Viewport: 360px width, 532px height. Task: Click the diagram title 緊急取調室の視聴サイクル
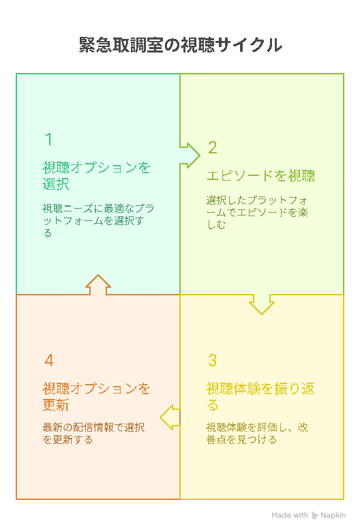point(180,45)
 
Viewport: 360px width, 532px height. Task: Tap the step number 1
point(49,139)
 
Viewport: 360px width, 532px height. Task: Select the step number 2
point(213,147)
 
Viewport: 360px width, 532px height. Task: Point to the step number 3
point(213,360)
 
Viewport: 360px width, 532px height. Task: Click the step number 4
point(49,360)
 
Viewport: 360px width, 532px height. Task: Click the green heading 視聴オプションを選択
point(96,176)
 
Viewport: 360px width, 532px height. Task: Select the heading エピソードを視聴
point(260,176)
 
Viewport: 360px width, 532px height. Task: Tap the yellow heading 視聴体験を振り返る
point(260,397)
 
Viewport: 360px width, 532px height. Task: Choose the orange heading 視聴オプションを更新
point(96,397)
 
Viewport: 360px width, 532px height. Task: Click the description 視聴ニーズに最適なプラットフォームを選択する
point(98,220)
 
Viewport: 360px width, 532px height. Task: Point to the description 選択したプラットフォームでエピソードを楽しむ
point(257,212)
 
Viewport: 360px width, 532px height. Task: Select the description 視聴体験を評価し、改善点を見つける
point(257,433)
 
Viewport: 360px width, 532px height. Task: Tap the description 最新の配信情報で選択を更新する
point(93,433)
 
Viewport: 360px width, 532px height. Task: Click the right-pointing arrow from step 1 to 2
point(190,156)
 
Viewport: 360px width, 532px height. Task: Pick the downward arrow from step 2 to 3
point(262,304)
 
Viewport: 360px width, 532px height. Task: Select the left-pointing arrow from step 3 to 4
point(170,417)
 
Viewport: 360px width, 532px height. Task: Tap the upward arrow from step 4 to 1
point(98,284)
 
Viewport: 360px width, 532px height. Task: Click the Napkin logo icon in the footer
point(314,516)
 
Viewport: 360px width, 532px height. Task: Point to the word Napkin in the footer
point(333,516)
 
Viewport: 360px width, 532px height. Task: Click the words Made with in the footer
point(290,516)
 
